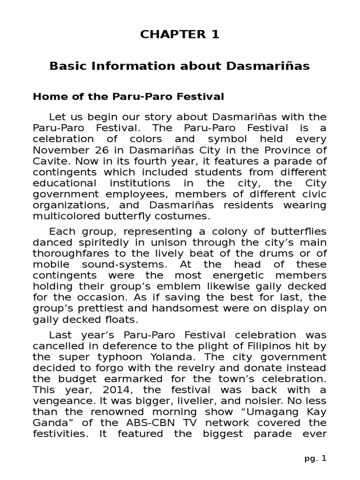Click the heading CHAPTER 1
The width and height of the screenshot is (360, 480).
point(180,35)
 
